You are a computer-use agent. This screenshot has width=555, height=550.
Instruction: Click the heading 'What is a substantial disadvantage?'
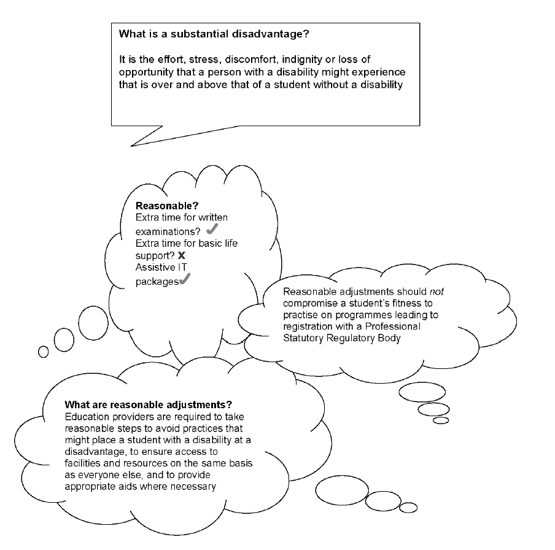point(214,34)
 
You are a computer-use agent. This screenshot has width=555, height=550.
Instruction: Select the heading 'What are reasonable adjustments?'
point(148,405)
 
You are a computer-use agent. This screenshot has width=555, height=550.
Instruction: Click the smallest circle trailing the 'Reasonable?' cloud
point(43,351)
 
